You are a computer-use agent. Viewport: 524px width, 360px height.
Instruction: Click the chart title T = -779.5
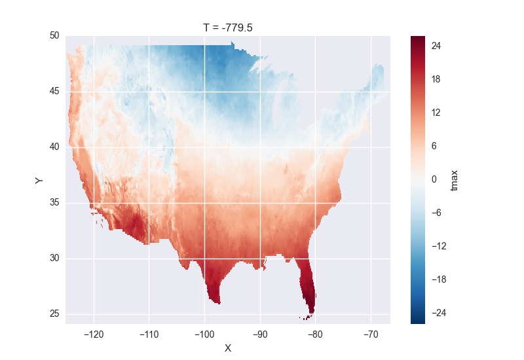pos(227,26)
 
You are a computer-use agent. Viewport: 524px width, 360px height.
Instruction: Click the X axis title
pos(227,348)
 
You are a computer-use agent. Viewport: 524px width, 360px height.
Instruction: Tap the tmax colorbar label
pos(455,180)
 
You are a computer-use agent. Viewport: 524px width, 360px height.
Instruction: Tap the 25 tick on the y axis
pos(55,314)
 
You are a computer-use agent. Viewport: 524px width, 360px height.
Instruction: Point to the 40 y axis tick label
pos(55,147)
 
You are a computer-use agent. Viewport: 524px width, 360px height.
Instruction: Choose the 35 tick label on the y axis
pos(55,202)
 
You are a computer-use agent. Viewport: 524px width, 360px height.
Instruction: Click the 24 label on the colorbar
pos(436,46)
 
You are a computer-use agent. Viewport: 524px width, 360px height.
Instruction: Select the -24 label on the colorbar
pos(438,313)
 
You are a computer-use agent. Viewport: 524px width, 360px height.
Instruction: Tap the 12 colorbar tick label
pos(436,113)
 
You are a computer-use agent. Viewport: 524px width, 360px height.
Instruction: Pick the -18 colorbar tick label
pos(438,279)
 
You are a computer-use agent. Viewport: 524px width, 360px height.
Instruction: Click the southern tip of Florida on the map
pos(310,313)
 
